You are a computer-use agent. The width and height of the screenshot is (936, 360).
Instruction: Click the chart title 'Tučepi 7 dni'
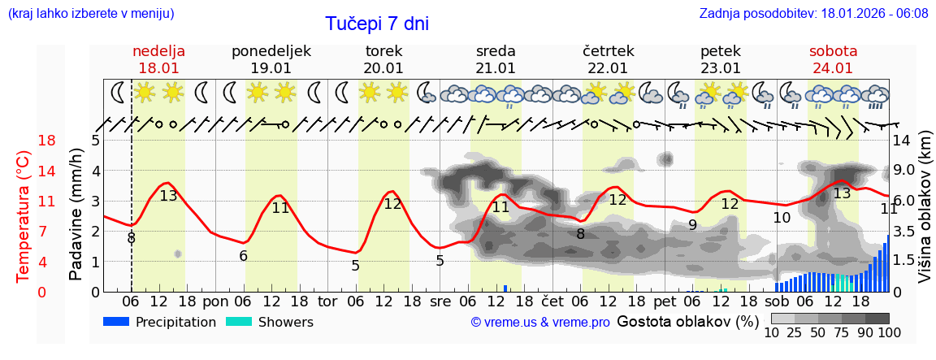[377, 24]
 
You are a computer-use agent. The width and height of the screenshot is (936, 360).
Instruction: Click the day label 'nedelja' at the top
[158, 51]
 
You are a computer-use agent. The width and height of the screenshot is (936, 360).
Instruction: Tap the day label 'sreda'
[496, 51]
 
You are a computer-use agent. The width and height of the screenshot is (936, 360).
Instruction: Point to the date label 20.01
[383, 68]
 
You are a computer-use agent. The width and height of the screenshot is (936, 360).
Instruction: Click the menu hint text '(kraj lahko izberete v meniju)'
[90, 13]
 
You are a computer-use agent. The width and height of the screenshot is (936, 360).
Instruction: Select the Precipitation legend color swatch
[117, 322]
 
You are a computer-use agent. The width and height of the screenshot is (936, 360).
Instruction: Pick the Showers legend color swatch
[239, 322]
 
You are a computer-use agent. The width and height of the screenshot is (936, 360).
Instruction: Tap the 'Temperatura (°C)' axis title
[24, 216]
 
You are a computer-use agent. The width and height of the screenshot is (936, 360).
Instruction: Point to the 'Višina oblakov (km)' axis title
[925, 215]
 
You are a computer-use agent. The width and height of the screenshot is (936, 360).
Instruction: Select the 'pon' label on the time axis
[215, 301]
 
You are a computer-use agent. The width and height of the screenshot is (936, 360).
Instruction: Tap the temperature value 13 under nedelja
[168, 196]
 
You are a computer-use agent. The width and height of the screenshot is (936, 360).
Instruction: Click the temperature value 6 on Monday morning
[243, 256]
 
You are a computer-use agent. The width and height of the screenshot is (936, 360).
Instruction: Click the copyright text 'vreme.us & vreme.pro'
[540, 323]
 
